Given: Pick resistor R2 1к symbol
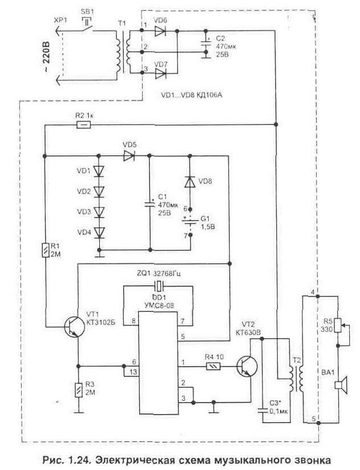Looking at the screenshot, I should [83, 124].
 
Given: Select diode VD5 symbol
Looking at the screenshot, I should [128, 155].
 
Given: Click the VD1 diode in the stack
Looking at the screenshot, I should [100, 171].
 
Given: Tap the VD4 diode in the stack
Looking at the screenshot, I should [100, 232].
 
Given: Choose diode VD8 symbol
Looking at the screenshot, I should [189, 182].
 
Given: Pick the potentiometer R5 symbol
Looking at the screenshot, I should [340, 326].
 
